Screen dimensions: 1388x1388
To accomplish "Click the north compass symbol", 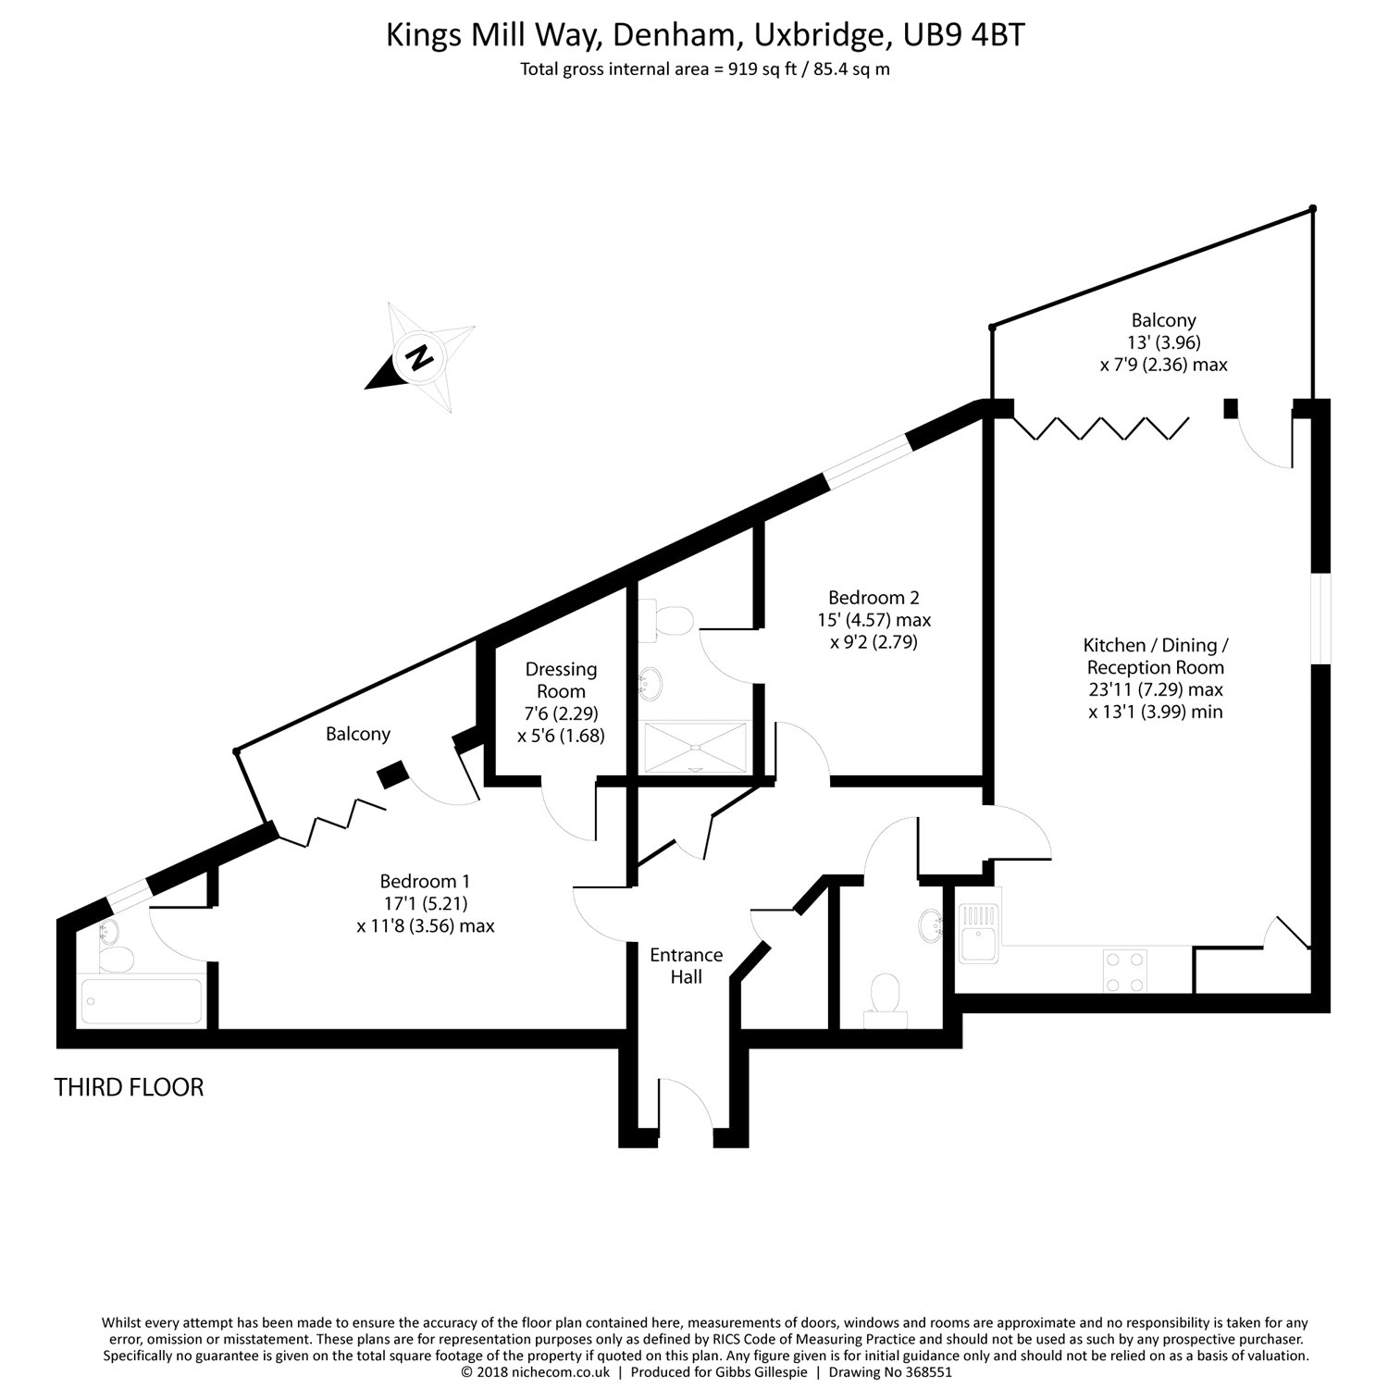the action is point(421,357).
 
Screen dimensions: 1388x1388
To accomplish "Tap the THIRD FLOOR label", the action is point(129,1086).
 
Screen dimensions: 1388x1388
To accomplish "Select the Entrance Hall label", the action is point(687,966).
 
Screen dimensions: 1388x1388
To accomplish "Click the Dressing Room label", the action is point(561,680).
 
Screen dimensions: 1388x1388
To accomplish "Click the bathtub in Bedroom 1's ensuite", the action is point(142,1002).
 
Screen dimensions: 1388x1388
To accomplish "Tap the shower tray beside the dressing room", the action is point(695,746).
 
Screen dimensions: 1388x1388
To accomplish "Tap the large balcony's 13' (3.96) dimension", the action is point(1163,342).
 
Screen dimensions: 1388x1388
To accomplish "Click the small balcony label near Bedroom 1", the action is point(358,734).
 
